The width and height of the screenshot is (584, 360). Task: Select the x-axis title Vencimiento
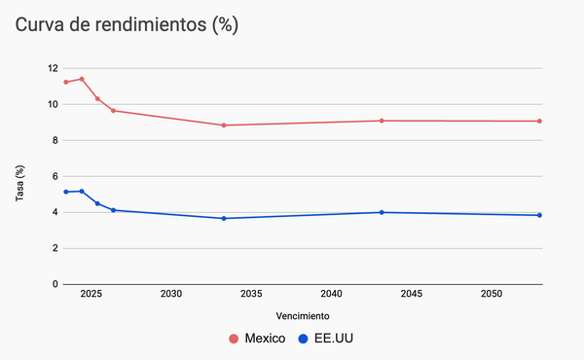[x=302, y=316]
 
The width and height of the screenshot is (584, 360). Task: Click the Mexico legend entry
[x=257, y=339]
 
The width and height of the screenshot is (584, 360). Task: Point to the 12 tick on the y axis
[x=52, y=68]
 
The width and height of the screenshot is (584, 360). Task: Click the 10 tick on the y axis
[x=52, y=104]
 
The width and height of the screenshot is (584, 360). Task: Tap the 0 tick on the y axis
[x=55, y=284]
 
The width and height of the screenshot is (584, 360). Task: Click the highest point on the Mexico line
[x=82, y=79]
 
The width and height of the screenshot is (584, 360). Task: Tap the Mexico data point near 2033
[x=224, y=126]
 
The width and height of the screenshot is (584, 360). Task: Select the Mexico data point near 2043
[x=382, y=121]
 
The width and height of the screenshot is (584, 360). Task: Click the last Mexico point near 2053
[x=539, y=122]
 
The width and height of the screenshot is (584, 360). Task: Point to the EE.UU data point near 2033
[x=224, y=218]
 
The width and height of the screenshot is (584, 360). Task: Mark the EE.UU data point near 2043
[x=382, y=212]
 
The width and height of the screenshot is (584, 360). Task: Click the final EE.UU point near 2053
[x=539, y=215]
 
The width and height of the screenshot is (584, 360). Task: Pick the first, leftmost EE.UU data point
[x=66, y=192]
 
